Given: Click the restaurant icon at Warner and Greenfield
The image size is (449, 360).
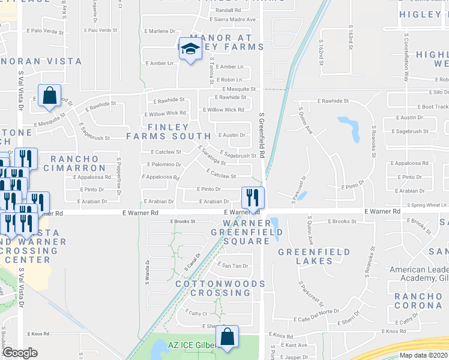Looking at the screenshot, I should click(x=253, y=197).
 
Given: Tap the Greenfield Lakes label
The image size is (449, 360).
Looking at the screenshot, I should click(x=305, y=257).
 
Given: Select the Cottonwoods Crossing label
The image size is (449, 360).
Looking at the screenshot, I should click(x=220, y=288).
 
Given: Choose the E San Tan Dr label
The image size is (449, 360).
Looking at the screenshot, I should click(x=234, y=265).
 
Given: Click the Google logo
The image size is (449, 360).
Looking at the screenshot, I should click(x=20, y=353).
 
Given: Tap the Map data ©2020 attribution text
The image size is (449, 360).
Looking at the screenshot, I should click(x=423, y=355).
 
